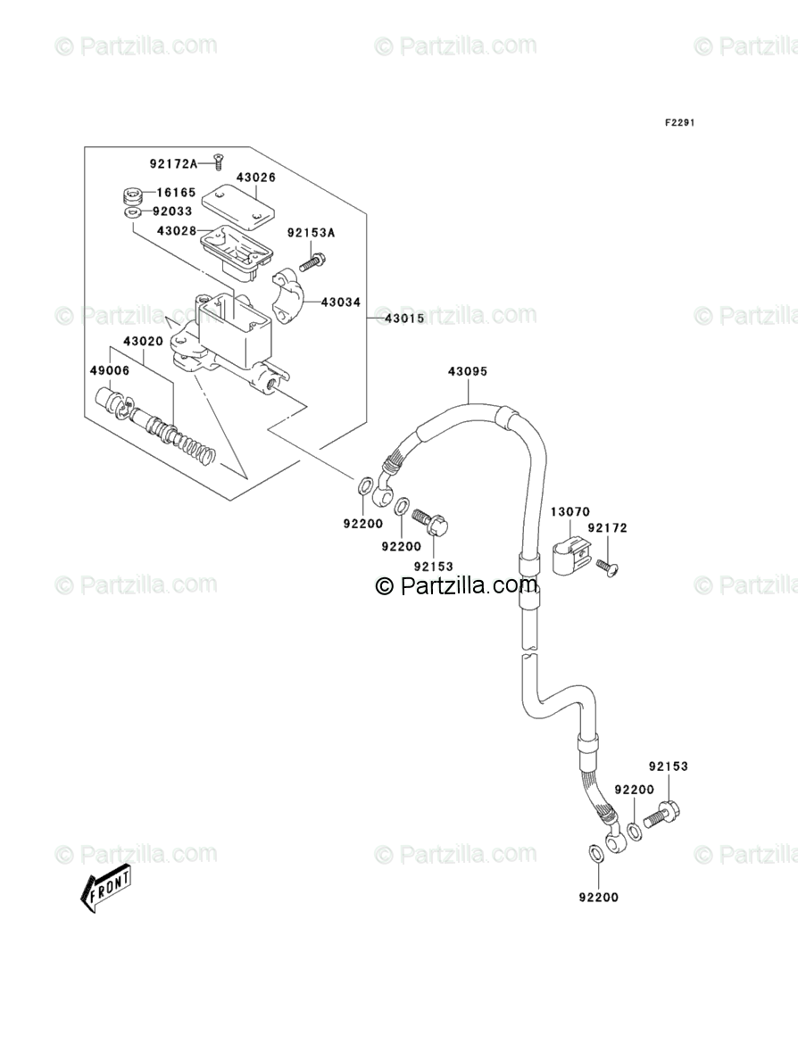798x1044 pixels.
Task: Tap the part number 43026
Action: point(255,178)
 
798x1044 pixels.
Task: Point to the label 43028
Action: point(176,230)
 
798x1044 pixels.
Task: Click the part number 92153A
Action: point(311,234)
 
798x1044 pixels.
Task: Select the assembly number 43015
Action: point(403,319)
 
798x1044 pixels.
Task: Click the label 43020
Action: point(143,342)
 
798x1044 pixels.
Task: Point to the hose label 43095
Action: point(467,372)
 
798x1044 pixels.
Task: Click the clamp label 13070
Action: point(569,512)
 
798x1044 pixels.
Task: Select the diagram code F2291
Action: point(678,123)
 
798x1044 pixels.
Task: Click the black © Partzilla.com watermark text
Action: point(457,585)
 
